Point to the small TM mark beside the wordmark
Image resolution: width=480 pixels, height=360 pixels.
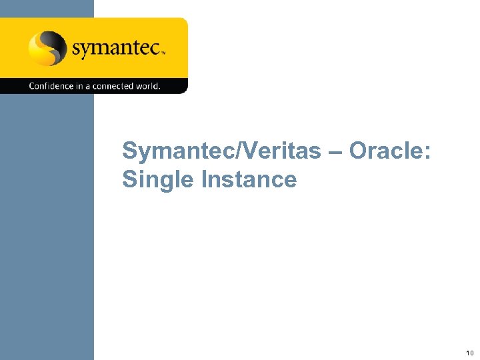pyautogui.click(x=162, y=50)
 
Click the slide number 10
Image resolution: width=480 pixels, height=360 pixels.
pyautogui.click(x=470, y=353)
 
